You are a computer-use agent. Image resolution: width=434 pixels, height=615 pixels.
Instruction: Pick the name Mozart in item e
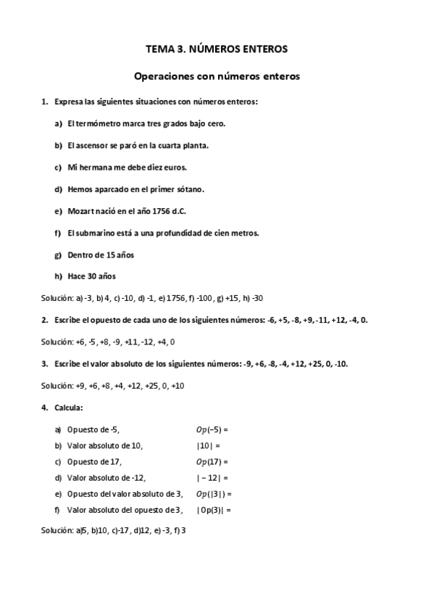80,210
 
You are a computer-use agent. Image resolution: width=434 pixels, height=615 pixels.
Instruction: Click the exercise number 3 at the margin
44,363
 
